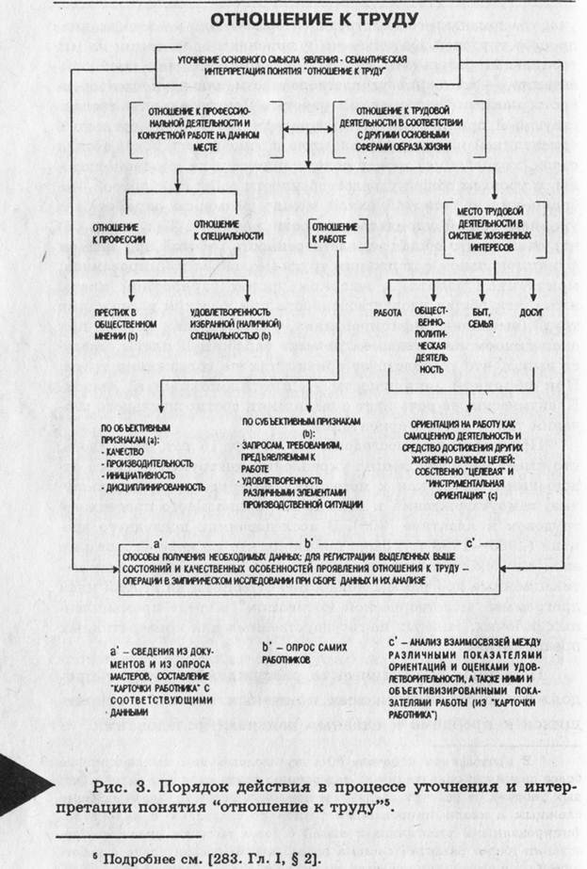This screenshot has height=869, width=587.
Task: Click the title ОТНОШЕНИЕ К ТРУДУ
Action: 299,21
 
